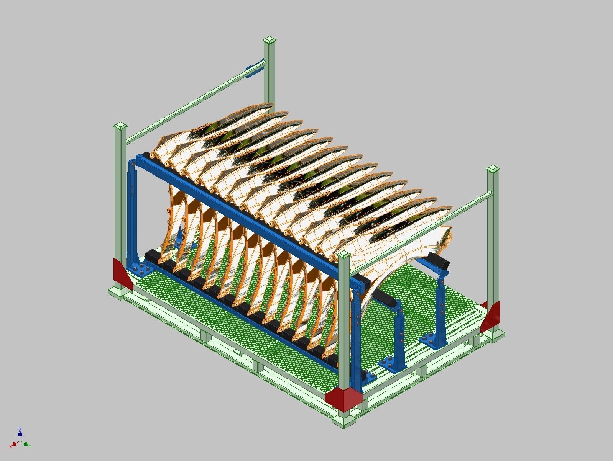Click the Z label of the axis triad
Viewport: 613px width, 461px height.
pyautogui.click(x=20, y=430)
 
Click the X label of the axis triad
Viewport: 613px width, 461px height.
pyautogui.click(x=11, y=446)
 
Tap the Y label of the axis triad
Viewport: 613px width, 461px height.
pyautogui.click(x=30, y=446)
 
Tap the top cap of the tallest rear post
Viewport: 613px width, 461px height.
pyautogui.click(x=270, y=40)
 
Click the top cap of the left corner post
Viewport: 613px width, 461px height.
pyautogui.click(x=121, y=126)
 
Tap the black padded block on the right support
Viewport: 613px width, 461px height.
pyautogui.click(x=438, y=261)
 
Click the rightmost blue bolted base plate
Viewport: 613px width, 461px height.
pyautogui.click(x=433, y=340)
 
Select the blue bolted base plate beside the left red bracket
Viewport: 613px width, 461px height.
pyautogui.click(x=140, y=268)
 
